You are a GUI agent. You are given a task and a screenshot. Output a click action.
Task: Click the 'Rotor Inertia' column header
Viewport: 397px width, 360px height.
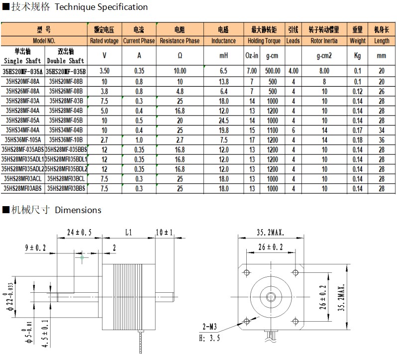click(324, 41)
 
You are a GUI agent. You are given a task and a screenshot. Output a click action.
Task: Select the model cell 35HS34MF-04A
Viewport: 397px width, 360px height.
click(23, 130)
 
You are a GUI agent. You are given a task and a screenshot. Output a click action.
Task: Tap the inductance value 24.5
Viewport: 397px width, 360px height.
click(223, 120)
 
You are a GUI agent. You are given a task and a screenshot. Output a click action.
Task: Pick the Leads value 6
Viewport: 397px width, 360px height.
click(294, 130)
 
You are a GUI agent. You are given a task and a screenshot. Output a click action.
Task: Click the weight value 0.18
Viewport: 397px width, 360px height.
click(357, 140)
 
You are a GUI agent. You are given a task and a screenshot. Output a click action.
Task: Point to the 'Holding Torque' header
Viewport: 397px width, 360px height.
click(264, 41)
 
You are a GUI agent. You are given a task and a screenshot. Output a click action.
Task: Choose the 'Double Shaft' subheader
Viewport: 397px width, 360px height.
click(66, 61)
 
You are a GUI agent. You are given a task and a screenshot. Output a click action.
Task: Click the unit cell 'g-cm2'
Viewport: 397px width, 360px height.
click(324, 56)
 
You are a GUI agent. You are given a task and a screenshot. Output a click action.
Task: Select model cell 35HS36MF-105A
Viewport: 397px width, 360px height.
click(23, 140)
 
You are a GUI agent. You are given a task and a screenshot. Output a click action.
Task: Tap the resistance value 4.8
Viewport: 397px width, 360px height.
click(180, 92)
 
